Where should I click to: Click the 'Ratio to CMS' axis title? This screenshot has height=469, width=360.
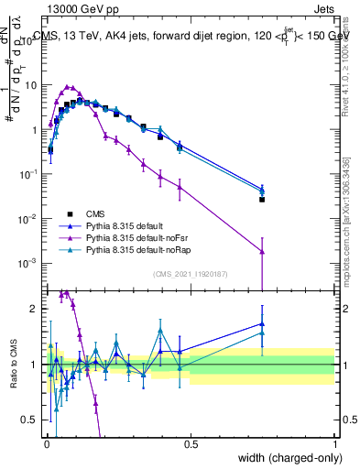(x=13, y=365)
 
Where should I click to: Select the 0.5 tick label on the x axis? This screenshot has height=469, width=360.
(x=191, y=444)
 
